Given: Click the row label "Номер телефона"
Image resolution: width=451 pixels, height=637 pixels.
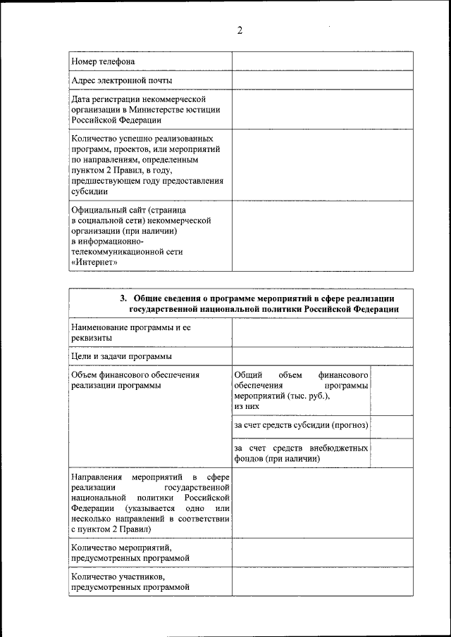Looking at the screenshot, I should [103, 62].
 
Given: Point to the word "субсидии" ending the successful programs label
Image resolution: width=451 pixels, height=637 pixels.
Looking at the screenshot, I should [89, 190].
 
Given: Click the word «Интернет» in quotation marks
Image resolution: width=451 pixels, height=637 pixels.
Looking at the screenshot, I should [94, 262].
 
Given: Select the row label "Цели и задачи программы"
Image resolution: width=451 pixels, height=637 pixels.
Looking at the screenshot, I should [122, 357].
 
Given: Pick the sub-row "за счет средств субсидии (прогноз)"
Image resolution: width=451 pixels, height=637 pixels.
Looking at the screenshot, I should [301, 426].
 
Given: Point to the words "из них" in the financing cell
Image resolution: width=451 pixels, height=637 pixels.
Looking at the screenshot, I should [247, 406].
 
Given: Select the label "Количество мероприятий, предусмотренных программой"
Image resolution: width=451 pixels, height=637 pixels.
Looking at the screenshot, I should [131, 552].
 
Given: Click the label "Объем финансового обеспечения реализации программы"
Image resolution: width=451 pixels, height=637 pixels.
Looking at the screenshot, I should [135, 380].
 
